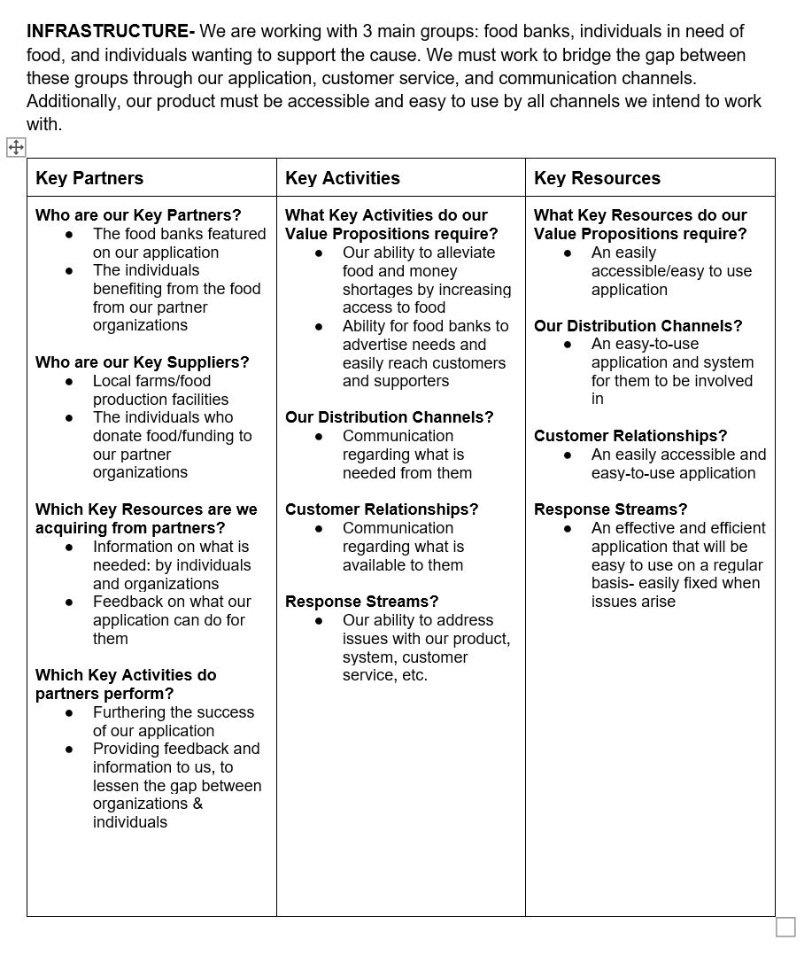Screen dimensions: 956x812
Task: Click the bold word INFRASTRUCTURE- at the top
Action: click(x=111, y=31)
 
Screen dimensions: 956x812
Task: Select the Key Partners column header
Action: click(x=89, y=178)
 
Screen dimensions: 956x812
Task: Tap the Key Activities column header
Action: click(x=343, y=178)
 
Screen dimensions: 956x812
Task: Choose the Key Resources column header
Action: click(x=597, y=178)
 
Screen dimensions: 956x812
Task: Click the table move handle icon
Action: click(x=17, y=147)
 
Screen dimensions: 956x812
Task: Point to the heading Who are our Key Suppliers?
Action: click(x=143, y=361)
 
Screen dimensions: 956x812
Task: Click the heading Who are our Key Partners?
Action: click(x=138, y=215)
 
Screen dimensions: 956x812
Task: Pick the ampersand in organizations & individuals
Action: click(x=197, y=804)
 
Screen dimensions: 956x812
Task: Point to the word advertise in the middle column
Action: click(x=376, y=345)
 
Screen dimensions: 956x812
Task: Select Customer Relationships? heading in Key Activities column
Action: click(x=382, y=509)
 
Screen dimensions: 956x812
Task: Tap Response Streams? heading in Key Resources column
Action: click(x=611, y=509)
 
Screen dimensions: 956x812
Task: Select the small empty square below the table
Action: click(x=785, y=927)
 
